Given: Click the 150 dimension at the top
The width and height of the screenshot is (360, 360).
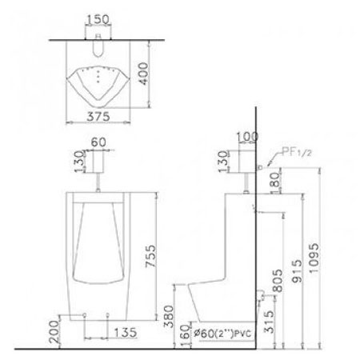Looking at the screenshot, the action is [x=98, y=19].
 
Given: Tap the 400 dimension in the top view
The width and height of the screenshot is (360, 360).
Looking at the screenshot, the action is [x=143, y=74].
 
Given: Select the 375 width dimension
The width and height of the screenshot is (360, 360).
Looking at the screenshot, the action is [x=98, y=117].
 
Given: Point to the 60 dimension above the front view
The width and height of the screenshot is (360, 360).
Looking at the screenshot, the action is [x=98, y=142].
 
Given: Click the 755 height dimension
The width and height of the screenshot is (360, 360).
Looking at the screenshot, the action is [x=150, y=256].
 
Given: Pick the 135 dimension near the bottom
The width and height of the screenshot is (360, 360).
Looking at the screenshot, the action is [x=125, y=333].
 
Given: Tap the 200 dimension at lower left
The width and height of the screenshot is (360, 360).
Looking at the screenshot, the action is [x=54, y=331].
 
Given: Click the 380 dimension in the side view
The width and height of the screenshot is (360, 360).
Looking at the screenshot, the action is [x=169, y=316].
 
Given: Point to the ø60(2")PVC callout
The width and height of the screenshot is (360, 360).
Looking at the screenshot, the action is [x=222, y=333].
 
